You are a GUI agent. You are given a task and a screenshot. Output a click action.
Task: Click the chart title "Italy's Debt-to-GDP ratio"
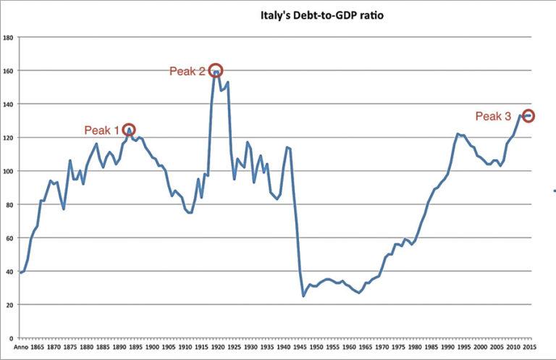click(314, 14)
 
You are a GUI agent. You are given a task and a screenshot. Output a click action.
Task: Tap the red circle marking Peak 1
click(129, 130)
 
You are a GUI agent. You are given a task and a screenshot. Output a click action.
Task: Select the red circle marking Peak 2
click(215, 71)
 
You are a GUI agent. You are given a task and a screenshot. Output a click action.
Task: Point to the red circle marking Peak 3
click(528, 116)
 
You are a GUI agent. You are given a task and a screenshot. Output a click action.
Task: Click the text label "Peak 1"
click(101, 130)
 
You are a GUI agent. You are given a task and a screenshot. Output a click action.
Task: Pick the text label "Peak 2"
click(187, 71)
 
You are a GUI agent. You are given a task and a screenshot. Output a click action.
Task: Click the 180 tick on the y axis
click(9, 37)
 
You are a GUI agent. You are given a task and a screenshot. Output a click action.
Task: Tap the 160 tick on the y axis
click(9, 71)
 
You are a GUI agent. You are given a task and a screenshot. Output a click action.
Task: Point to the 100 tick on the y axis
click(9, 171)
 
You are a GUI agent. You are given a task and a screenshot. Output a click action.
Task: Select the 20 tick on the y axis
click(10, 305)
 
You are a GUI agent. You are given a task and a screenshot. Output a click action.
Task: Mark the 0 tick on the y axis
click(12, 338)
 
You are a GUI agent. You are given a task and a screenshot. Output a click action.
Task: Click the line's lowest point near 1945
click(303, 296)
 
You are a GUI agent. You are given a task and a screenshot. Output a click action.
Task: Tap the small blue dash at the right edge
click(553, 191)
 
